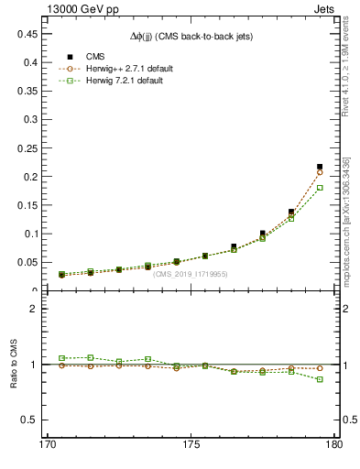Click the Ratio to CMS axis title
14,364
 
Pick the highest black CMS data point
320,167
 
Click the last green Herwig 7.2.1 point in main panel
320,187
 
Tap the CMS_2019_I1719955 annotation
191,274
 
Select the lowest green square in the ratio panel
320,379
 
